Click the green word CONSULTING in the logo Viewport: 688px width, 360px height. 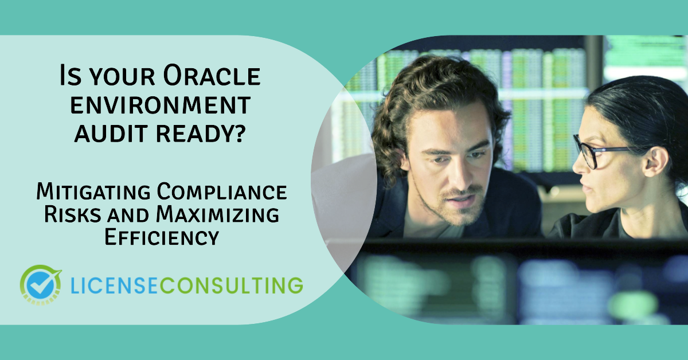(232, 285)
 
